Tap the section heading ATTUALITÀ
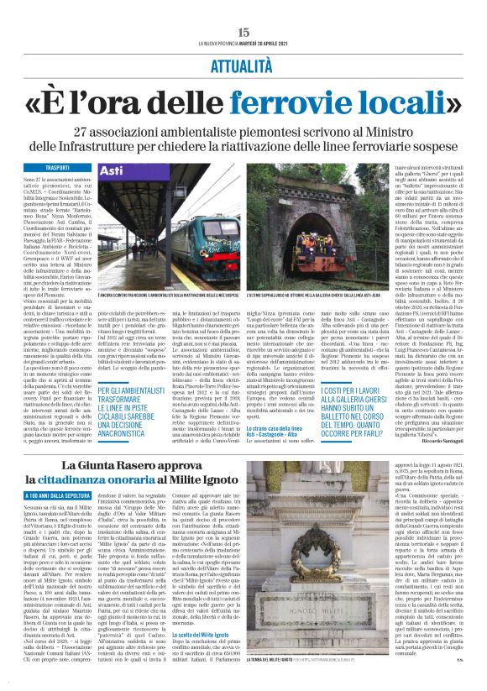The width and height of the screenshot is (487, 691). (x=243, y=65)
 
